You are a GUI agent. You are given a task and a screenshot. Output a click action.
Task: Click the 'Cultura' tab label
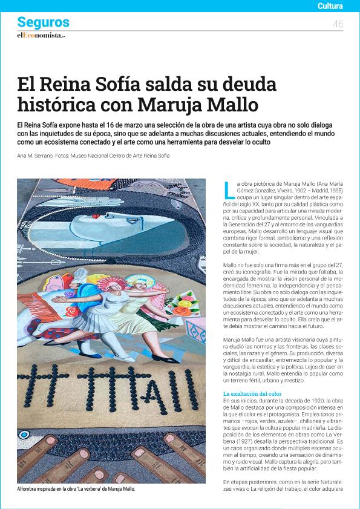coord(330,7)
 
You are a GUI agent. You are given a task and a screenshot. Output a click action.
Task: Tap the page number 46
coord(338,24)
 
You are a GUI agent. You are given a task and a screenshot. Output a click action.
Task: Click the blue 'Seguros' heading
coord(44,23)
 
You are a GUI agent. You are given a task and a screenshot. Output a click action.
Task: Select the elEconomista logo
coord(41,36)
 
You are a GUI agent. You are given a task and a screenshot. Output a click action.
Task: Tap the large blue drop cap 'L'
coord(229,190)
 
